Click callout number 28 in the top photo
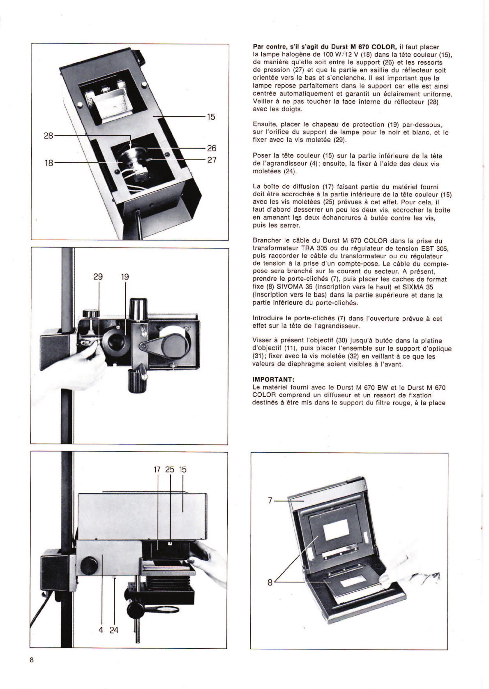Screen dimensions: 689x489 (x=48, y=135)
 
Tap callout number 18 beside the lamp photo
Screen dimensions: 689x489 (x=48, y=163)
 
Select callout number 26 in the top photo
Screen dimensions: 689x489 (x=211, y=148)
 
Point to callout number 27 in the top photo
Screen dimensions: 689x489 (x=211, y=160)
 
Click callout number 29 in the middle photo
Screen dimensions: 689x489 (x=98, y=277)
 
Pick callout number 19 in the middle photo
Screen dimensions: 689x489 (x=125, y=277)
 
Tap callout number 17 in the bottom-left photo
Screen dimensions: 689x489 (x=157, y=469)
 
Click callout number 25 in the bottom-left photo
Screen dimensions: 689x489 (x=170, y=469)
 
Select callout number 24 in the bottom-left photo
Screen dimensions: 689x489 (x=114, y=629)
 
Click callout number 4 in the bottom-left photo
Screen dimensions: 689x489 (x=101, y=629)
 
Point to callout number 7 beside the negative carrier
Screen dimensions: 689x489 (x=270, y=501)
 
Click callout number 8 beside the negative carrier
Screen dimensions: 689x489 (x=270, y=582)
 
